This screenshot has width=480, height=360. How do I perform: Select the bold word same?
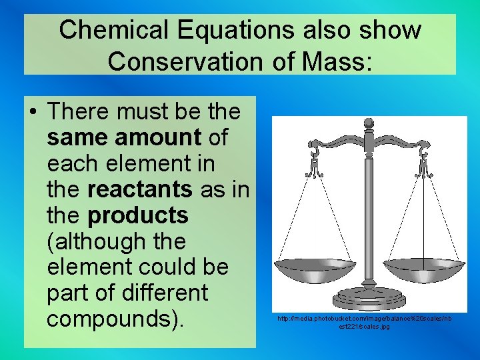pyautogui.click(x=77, y=138)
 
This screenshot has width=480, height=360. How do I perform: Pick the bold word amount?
pyautogui.click(x=158, y=138)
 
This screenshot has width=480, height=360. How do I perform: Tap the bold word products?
pyautogui.click(x=138, y=215)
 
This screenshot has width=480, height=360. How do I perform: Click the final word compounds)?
pyautogui.click(x=115, y=319)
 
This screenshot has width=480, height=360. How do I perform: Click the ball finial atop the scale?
pyautogui.click(x=368, y=123)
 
